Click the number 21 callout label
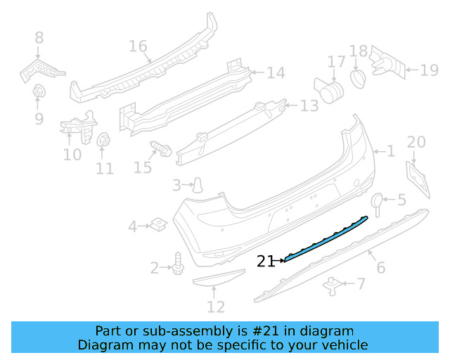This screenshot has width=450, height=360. coord(266,261)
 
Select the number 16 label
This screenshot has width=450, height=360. coord(138,46)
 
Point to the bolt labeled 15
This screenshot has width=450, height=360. coord(161,149)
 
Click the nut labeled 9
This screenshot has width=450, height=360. coord(39,91)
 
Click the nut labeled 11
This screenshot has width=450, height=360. coord(103,140)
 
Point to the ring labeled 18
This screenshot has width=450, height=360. coord(357,76)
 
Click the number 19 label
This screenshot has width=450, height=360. coord(429,70)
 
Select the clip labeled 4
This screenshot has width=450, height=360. coord(158,226)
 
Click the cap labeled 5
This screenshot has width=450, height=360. coord(376,201)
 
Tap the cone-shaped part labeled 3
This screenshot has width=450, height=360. coord(200,184)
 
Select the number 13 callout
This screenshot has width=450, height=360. coord(309,106)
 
